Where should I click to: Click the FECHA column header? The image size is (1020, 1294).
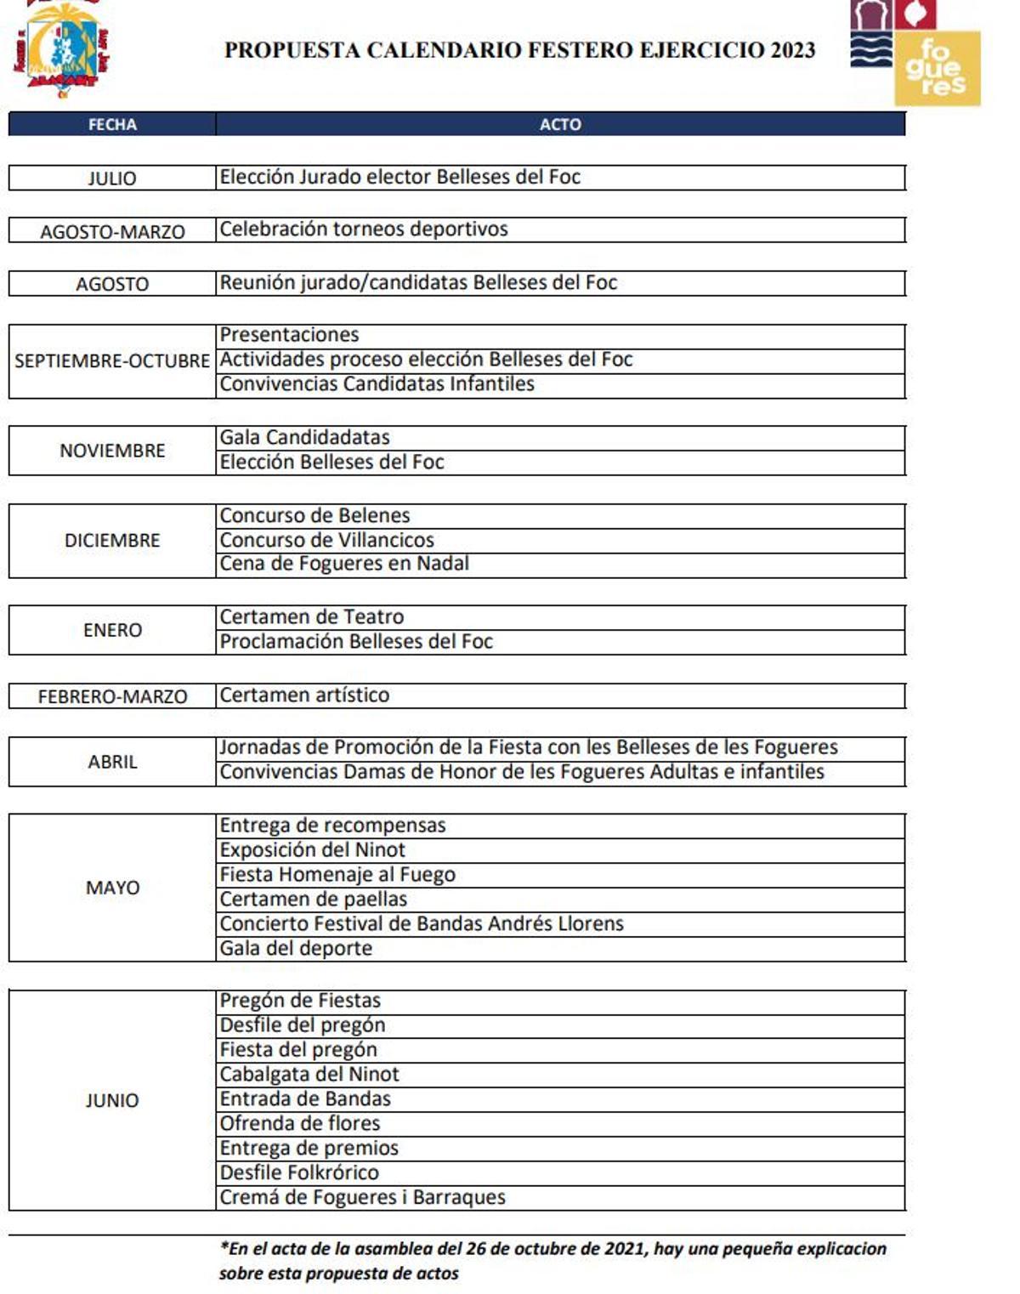click(112, 124)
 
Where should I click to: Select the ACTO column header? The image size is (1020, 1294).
click(560, 124)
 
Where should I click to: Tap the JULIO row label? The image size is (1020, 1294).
click(112, 179)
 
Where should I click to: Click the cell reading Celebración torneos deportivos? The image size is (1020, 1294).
click(364, 230)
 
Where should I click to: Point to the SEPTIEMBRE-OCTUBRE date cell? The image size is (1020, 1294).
click(112, 360)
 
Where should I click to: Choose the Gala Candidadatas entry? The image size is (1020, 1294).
click(304, 437)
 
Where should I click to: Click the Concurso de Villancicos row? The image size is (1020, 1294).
click(326, 540)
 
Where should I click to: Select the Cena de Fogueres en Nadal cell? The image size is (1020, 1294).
click(344, 564)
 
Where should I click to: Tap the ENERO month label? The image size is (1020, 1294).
click(112, 630)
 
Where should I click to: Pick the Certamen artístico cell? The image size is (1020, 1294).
click(304, 695)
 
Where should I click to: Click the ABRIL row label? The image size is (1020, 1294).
click(112, 762)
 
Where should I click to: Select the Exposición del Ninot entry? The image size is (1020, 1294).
click(312, 850)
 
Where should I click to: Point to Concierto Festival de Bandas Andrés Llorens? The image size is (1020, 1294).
click(422, 923)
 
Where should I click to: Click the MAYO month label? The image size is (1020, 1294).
click(112, 888)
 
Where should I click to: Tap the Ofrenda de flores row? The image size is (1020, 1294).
click(300, 1123)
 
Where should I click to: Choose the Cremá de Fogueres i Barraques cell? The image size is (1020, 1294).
click(362, 1197)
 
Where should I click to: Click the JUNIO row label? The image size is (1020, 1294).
click(112, 1100)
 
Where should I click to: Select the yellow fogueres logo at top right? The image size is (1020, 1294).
click(937, 68)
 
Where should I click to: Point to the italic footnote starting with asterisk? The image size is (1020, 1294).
click(552, 1261)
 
